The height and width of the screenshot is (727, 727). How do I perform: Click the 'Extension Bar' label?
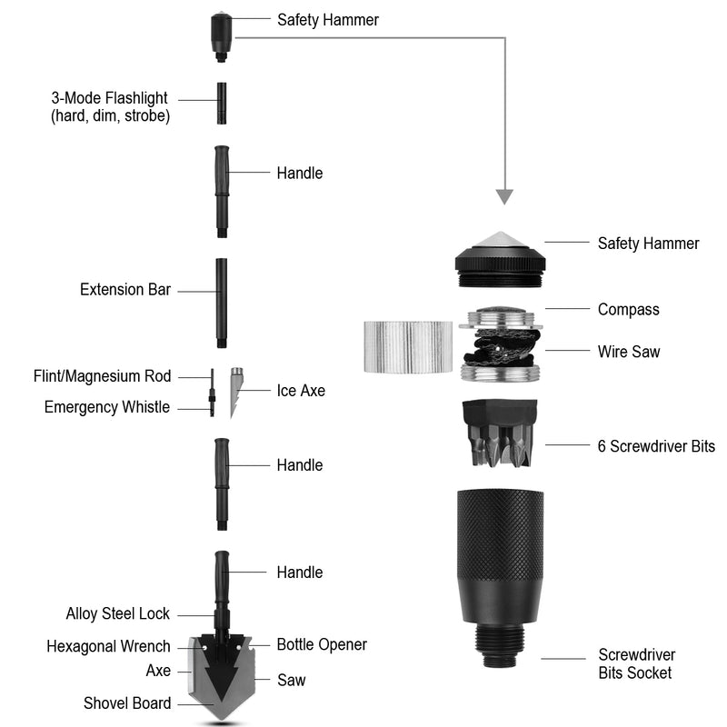point(125,290)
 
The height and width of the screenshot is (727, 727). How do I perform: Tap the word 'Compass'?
point(628,310)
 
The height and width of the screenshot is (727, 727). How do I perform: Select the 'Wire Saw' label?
point(629,351)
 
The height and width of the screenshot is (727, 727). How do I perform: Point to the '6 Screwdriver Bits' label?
point(656,446)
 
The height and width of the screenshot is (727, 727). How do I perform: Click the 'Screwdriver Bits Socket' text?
point(636,663)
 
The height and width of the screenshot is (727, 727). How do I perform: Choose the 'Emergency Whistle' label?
point(106,407)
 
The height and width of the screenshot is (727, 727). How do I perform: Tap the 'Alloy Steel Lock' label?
point(117,613)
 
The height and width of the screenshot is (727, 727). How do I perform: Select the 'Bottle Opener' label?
point(322,644)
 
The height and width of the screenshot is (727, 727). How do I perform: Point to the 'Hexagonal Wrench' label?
point(108,646)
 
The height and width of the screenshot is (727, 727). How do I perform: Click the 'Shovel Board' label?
point(126,702)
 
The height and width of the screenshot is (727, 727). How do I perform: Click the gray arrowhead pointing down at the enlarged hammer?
point(504,196)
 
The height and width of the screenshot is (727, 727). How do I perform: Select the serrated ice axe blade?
point(236,390)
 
